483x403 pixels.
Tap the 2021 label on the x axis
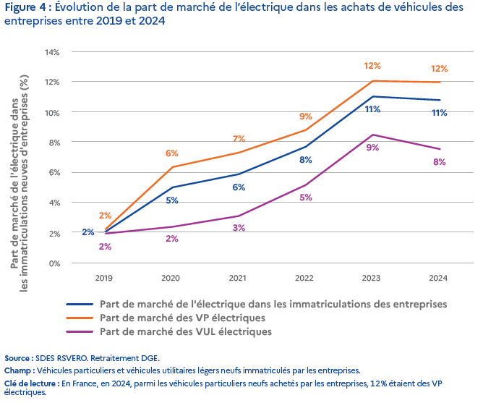pos(239,278)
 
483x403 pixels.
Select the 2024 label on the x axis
pos(438,278)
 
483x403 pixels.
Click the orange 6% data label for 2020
pos(172,153)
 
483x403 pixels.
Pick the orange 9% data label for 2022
pos(305,116)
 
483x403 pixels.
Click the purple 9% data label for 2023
pos(372,148)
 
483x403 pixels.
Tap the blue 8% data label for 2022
pos(305,159)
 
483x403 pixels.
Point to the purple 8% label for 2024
pos(439,162)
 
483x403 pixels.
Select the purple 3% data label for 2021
pos(239,228)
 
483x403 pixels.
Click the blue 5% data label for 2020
pos(172,200)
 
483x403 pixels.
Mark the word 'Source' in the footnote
pos(17,358)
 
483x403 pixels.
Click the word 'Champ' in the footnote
pos(18,370)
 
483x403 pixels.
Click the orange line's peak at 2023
pos(372,81)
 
